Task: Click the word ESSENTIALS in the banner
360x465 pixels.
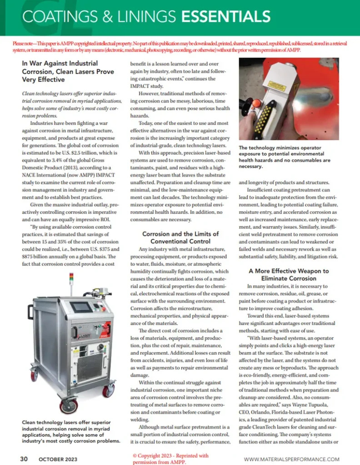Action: [x=226, y=16]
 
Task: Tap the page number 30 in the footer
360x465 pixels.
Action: [x=24, y=459]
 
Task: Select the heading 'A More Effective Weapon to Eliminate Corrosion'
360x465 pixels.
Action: [x=289, y=274]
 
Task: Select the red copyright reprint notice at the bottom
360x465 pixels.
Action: [x=170, y=459]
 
